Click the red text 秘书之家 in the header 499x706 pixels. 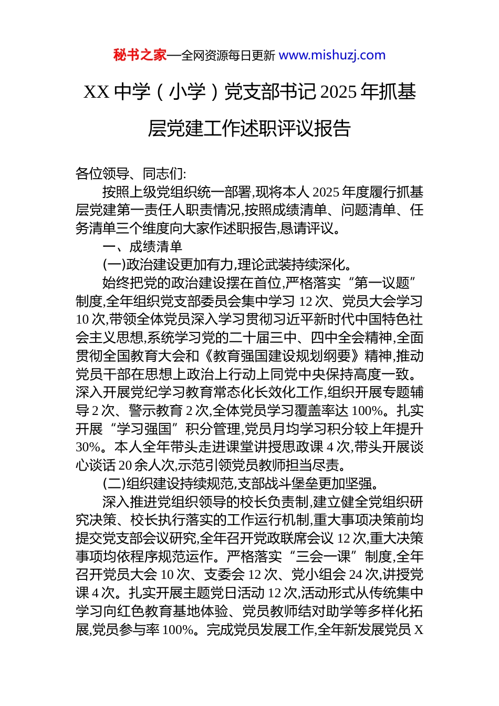[140, 55]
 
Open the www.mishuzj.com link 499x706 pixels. [332, 55]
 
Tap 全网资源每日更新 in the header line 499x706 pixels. [228, 56]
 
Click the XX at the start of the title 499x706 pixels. [96, 92]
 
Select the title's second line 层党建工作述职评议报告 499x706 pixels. [249, 129]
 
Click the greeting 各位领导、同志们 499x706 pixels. [130, 174]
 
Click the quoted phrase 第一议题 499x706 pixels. [382, 284]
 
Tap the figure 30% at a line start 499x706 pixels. [88, 448]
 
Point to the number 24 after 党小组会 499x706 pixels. [355, 575]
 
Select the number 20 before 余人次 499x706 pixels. [125, 465]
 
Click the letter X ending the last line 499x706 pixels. [419, 629]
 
